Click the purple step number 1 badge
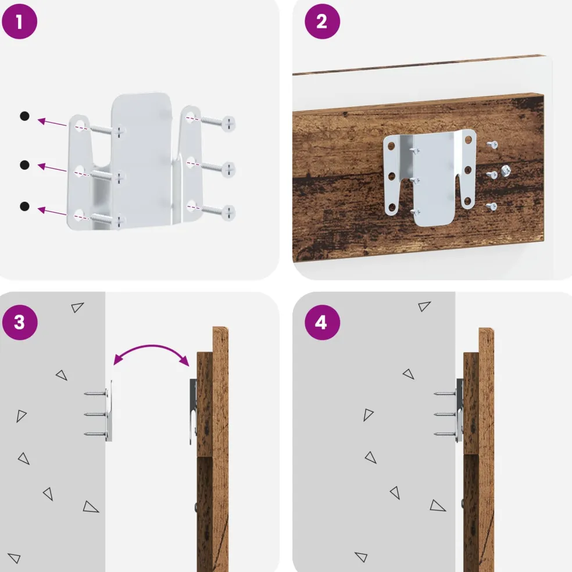point(19,22)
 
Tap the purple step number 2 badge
point(322,22)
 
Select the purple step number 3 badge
point(20,323)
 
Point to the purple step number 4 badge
point(322,323)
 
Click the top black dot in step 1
point(24,116)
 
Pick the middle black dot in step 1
point(24,165)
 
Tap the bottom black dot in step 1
point(24,206)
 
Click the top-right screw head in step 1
point(228,124)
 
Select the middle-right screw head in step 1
point(228,170)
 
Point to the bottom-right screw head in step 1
point(228,213)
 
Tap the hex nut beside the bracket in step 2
point(506,170)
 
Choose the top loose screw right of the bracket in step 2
point(492,145)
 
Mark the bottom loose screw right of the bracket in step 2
point(492,207)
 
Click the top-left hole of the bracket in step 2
point(391,146)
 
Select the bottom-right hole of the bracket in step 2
point(467,201)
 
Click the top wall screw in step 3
point(95,394)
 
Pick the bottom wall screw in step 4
point(445,434)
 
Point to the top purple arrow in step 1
point(52,122)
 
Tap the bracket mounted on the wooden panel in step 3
point(193,412)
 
